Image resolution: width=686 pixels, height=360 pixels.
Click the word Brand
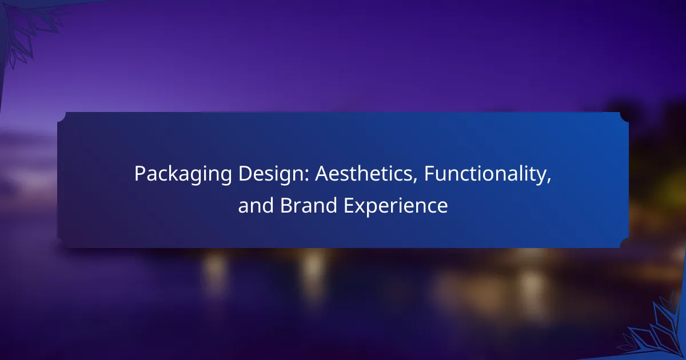point(308,205)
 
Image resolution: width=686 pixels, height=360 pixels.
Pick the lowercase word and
point(256,205)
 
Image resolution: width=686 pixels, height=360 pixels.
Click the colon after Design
point(306,177)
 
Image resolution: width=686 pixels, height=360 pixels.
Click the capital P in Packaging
point(140,174)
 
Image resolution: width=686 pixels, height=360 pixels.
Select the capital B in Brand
point(286,205)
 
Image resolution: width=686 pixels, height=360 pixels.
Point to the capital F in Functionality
point(429,174)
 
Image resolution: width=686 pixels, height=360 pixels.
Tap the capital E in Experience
point(349,205)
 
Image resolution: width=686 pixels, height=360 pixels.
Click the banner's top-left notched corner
point(62,117)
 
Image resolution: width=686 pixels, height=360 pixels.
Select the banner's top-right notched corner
point(624,117)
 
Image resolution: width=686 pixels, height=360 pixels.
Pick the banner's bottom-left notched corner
point(62,243)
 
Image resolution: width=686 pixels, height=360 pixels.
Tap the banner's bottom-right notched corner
point(624,243)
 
